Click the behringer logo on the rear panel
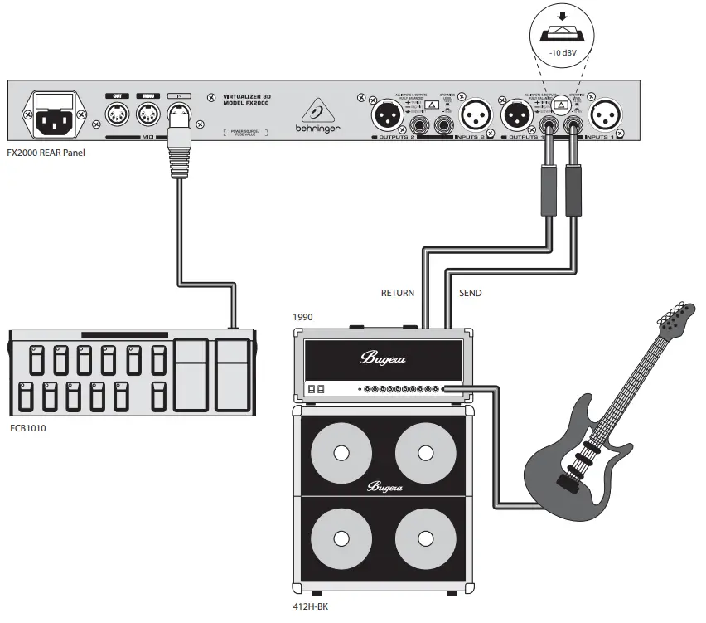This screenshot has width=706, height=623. (x=316, y=117)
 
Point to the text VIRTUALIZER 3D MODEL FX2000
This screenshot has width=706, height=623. (x=246, y=102)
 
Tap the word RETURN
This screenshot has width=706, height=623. (x=397, y=294)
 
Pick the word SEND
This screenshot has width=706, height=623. (x=470, y=294)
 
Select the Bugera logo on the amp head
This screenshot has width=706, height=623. (x=382, y=358)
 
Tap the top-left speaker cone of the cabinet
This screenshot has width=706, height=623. (x=339, y=453)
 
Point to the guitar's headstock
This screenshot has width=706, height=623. (x=675, y=319)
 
